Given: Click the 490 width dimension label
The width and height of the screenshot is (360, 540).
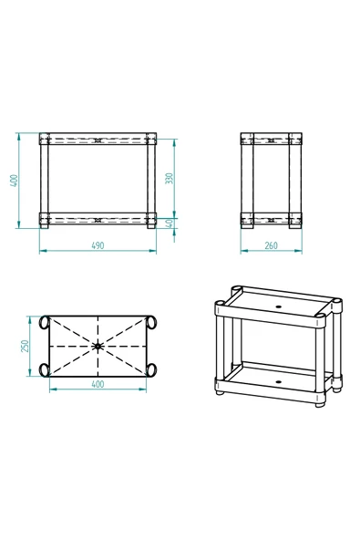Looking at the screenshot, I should [98, 245].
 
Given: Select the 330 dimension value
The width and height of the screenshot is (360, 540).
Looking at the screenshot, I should [170, 179].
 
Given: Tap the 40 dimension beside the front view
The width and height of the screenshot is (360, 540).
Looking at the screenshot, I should [170, 223].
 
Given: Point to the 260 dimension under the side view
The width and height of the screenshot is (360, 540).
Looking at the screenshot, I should [271, 245].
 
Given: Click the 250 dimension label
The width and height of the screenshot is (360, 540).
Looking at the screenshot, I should [27, 346].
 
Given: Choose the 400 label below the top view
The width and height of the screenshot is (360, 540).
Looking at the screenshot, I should [98, 384].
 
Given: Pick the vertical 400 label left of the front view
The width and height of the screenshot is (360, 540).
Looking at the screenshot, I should [15, 181].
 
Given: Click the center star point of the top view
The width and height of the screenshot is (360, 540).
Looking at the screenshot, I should [98, 346].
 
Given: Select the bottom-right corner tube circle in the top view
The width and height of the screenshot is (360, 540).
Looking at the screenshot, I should [151, 369].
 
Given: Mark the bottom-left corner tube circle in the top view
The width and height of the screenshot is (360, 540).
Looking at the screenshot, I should [44, 369].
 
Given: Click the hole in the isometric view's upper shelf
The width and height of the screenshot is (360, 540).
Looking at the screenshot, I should [278, 306].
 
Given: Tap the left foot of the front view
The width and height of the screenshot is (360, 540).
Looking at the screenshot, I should [45, 227].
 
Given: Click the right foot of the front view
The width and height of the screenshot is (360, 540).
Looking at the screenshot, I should [150, 227].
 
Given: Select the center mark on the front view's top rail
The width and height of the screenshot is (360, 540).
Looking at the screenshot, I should [98, 141].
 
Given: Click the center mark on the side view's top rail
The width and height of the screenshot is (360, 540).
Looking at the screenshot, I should [271, 141].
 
